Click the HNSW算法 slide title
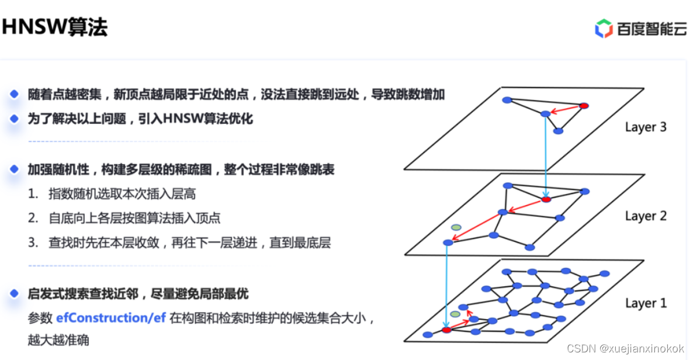pyautogui.click(x=54, y=26)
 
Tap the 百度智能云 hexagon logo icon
pyautogui.click(x=604, y=28)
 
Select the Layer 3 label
pyautogui.click(x=645, y=127)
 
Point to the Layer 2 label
pyautogui.click(x=645, y=216)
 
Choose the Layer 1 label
pyautogui.click(x=645, y=303)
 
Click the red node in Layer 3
pyautogui.click(x=583, y=106)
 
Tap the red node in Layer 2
pyautogui.click(x=546, y=199)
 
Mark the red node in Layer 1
pyautogui.click(x=447, y=330)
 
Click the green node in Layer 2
pyautogui.click(x=456, y=227)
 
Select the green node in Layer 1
pyautogui.click(x=455, y=314)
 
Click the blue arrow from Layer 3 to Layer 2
pyautogui.click(x=546, y=155)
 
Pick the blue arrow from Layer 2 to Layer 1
pyautogui.click(x=447, y=286)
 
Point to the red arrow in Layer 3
pyautogui.click(x=564, y=109)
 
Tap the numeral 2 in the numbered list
pyautogui.click(x=33, y=219)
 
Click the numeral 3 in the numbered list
pyautogui.click(x=33, y=243)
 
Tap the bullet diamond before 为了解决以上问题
pyautogui.click(x=15, y=119)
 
